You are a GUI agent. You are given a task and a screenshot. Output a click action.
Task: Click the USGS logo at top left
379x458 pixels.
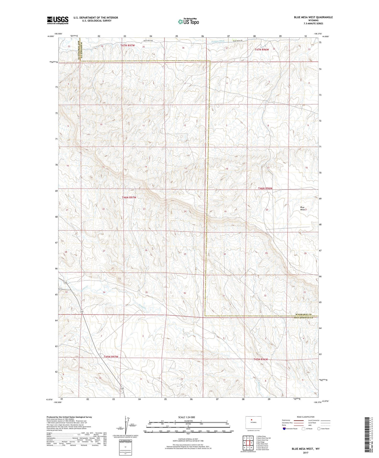58,20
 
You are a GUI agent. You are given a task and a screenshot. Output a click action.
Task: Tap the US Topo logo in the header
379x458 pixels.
188,22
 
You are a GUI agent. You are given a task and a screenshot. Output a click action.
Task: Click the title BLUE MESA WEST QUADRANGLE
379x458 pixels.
313,17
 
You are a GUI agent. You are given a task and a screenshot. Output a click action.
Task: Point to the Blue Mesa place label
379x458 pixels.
303,208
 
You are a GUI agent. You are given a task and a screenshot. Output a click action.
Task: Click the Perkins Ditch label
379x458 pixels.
218,41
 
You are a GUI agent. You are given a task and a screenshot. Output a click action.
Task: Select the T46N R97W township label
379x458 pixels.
129,197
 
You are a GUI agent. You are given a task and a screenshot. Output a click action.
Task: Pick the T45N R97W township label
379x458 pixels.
111,357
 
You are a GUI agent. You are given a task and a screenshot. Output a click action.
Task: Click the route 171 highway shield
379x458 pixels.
61,289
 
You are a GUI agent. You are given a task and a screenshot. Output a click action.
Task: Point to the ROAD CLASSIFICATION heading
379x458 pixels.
306,417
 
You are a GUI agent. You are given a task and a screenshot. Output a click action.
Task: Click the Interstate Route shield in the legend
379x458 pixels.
284,429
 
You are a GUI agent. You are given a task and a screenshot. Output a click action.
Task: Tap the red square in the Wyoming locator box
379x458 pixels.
252,419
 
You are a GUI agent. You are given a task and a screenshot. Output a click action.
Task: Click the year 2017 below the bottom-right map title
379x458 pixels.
306,452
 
